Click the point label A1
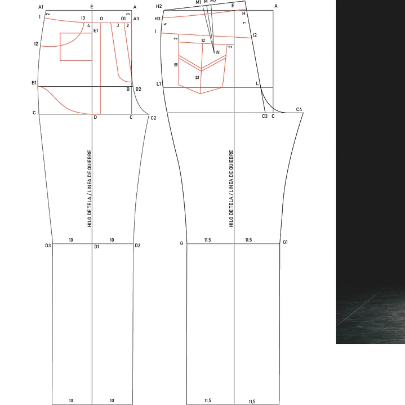pyautogui.click(x=41, y=7)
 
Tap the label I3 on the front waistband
pyautogui.click(x=83, y=18)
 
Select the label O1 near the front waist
pyautogui.click(x=123, y=19)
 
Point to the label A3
pyautogui.click(x=136, y=19)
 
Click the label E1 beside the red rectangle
pyautogui.click(x=96, y=31)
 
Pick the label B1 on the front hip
pyautogui.click(x=34, y=83)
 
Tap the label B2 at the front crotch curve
pyautogui.click(x=139, y=89)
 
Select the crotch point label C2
pyautogui.click(x=153, y=118)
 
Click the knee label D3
pyautogui.click(x=48, y=246)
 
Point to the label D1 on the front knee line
pyautogui.click(x=96, y=247)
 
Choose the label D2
pyautogui.click(x=137, y=246)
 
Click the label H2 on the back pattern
pyautogui.click(x=159, y=6)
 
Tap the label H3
pyautogui.click(x=157, y=19)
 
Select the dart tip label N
pyautogui.click(x=218, y=52)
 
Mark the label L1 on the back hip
pyautogui.click(x=159, y=84)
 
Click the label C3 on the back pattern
pyautogui.click(x=265, y=116)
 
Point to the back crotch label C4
pyautogui.click(x=299, y=109)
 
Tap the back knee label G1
pyautogui.click(x=285, y=242)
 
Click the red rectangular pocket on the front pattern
pyautogui.click(x=60, y=47)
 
